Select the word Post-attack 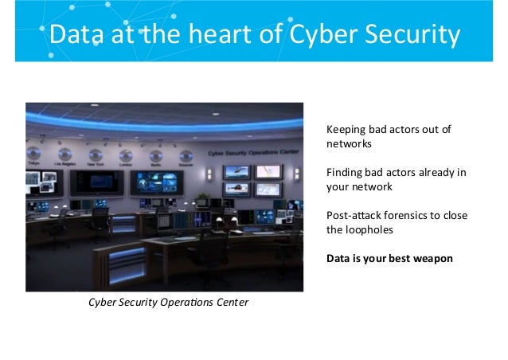point(352,216)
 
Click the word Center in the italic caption point(233,303)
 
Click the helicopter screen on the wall point(236,171)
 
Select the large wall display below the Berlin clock point(157,183)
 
